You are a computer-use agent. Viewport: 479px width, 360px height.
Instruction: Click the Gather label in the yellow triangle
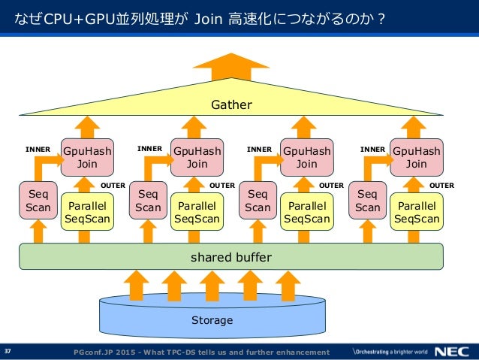[231, 105]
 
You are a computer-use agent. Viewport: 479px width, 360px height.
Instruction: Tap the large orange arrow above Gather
[231, 67]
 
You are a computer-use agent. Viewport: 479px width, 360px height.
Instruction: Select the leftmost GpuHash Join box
[87, 157]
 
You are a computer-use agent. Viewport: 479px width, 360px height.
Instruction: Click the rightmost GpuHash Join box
[417, 157]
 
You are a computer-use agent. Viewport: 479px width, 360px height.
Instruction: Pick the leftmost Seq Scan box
[38, 201]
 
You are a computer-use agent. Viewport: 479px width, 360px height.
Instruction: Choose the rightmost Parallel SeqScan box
[417, 212]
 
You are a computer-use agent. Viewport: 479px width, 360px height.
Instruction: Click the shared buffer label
[231, 257]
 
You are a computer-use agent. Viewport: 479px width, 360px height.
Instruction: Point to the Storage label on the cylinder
[212, 320]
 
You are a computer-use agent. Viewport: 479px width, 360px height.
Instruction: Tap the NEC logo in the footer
[452, 352]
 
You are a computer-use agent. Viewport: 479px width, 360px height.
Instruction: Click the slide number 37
[8, 351]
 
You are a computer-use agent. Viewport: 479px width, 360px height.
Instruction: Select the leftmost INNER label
[38, 150]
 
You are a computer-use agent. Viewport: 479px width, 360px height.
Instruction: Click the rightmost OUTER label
[441, 186]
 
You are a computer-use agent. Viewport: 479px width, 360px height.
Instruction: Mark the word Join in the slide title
[208, 19]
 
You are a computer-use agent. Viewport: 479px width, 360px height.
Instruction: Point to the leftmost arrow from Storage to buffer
[136, 286]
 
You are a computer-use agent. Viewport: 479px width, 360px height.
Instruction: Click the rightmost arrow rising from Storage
[288, 286]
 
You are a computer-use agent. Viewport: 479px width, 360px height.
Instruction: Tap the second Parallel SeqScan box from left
[197, 212]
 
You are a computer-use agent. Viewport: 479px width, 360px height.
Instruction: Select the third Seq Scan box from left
[258, 201]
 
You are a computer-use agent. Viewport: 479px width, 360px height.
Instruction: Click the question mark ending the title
[381, 19]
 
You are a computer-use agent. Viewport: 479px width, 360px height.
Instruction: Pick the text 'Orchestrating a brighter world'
[390, 352]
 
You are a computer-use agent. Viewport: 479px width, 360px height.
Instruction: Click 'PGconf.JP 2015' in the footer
[104, 352]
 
